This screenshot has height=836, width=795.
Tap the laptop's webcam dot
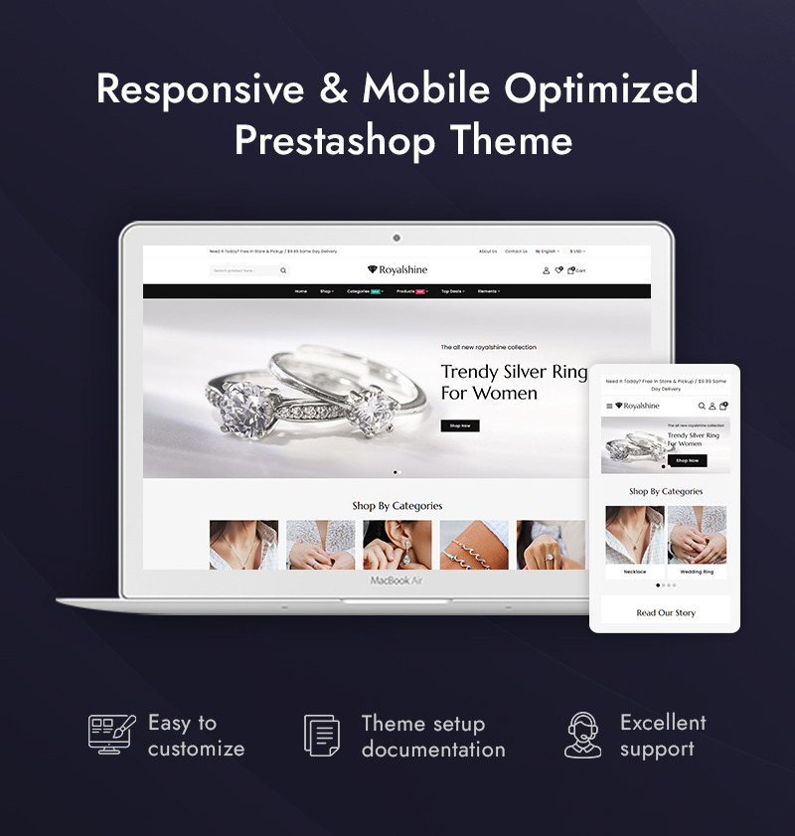397,238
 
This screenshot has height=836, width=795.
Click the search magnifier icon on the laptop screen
283,270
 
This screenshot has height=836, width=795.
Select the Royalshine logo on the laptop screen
397,269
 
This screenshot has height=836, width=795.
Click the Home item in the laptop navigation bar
301,291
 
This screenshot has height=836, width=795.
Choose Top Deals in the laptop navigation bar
452,291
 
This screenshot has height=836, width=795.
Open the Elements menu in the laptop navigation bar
488,291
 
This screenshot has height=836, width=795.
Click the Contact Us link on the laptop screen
516,251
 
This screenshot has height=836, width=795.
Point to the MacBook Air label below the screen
397,581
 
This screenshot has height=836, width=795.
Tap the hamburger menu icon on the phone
609,406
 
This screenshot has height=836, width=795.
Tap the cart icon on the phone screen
723,406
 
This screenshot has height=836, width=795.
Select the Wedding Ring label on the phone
697,572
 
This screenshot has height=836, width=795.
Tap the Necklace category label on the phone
635,572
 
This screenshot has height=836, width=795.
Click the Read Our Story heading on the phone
666,613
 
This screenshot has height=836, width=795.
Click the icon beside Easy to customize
110,736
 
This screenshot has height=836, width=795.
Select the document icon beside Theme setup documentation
322,736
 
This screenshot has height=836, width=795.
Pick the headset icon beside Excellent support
582,736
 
